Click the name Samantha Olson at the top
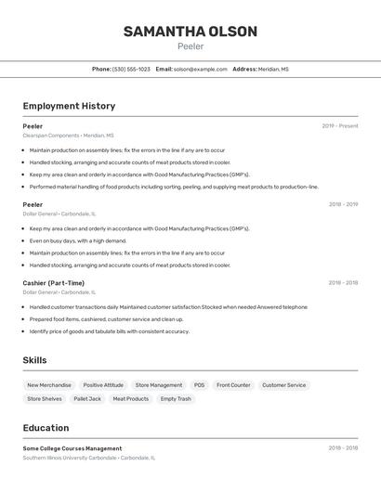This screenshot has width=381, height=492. tap(190, 32)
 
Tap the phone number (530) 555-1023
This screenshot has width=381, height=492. tap(131, 69)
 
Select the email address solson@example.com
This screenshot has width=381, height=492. tap(200, 69)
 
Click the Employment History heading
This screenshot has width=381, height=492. tap(69, 106)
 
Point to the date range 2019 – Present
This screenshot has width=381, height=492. tap(339, 126)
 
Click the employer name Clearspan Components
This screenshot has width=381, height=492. tap(51, 136)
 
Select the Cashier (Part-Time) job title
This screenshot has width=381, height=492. tap(53, 283)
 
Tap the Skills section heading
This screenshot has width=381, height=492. tap(34, 360)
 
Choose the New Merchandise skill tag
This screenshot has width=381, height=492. tap(49, 385)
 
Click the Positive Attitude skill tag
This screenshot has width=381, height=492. tap(103, 385)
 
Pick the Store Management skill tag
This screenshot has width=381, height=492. tap(159, 385)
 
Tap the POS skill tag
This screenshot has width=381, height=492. tap(199, 385)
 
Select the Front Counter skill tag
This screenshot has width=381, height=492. tap(233, 385)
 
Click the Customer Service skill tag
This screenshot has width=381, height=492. tap(283, 385)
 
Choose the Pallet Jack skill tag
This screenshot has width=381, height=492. tap(87, 399)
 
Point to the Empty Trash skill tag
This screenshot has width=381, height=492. tap(176, 399)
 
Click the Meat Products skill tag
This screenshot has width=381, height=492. tap(131, 399)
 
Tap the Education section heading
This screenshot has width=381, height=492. tap(46, 428)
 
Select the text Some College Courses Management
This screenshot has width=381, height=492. tap(72, 448)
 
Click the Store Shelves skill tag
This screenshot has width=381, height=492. tap(45, 399)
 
